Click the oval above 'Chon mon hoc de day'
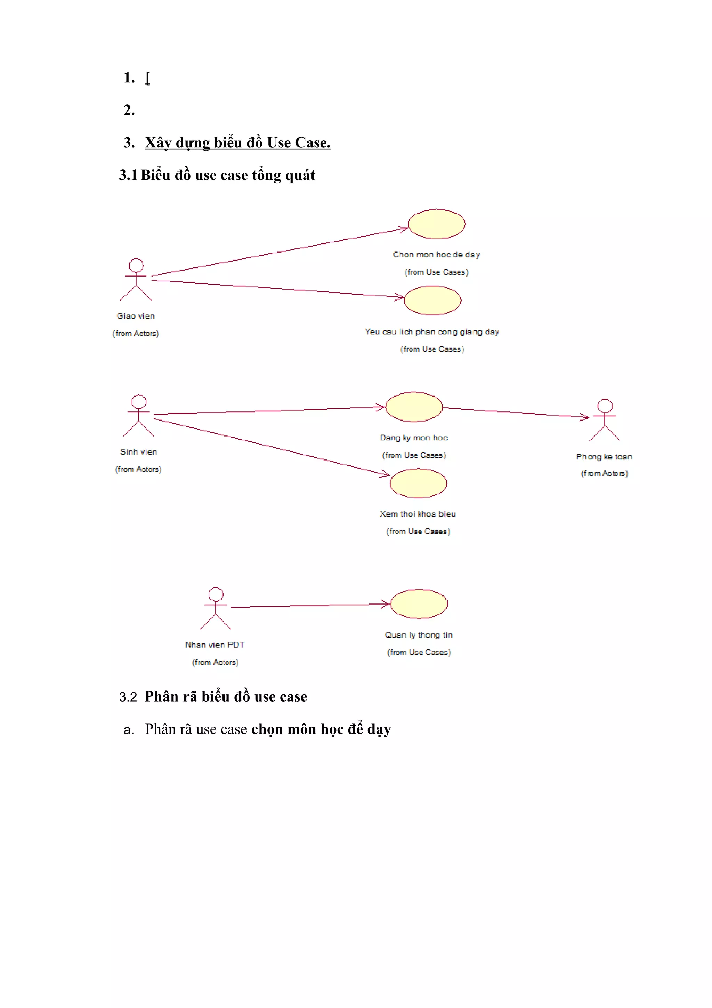pos(437,224)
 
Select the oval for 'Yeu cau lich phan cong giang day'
pos(432,300)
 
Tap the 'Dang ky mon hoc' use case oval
pos(414,407)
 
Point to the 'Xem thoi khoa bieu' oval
pos(418,483)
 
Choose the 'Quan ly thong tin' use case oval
pos(419,604)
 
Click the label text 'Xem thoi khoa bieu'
pos(418,514)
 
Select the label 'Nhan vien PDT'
pos(215,645)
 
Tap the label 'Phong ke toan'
pos(604,457)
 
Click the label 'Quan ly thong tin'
pos(419,635)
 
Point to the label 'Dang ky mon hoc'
pos(414,438)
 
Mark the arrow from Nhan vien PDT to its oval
pos(307,606)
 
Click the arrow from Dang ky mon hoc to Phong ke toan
pos(516,412)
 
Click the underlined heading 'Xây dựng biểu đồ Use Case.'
pos(237,143)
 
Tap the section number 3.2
pos(128,697)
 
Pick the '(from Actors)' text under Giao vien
pos(136,334)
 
